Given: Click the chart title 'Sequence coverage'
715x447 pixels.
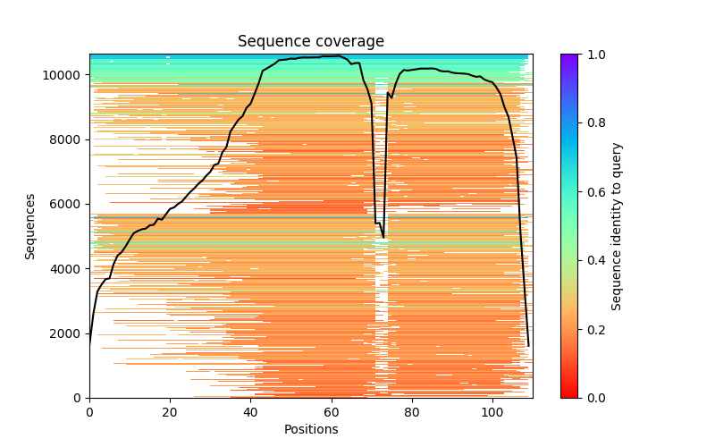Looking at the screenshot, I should (311, 41).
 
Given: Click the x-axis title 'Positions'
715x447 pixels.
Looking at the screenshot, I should (311, 429).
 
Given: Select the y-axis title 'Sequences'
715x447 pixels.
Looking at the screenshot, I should (30, 226).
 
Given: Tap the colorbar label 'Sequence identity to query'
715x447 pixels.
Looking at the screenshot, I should (617, 226).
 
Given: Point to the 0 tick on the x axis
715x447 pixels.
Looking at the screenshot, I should (89, 412).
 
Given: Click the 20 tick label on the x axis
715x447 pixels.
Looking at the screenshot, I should (170, 412).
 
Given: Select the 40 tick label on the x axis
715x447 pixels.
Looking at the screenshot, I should (250, 412).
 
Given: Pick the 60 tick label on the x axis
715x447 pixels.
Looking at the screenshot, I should (332, 412).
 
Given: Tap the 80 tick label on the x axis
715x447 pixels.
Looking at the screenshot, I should (412, 412).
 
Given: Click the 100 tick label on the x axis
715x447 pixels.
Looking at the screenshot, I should (492, 412).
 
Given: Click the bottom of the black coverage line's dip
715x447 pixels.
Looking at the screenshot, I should (383, 237).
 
